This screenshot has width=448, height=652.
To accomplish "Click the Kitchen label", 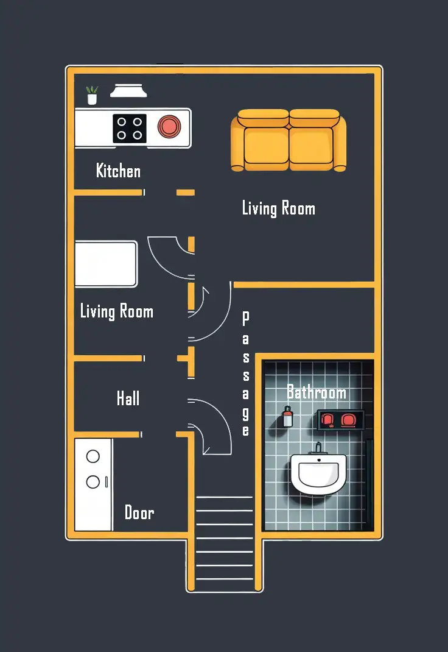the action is (x=118, y=171).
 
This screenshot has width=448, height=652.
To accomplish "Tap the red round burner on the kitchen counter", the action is (x=169, y=126).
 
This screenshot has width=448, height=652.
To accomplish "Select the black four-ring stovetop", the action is (x=130, y=129).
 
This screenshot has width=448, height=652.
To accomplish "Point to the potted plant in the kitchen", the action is (x=92, y=95).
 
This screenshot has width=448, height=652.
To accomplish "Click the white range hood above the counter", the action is (x=128, y=91).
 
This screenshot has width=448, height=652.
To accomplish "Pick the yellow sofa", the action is (x=289, y=140).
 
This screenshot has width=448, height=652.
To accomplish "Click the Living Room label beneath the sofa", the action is (x=279, y=208).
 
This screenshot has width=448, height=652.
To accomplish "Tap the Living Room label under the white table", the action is (x=117, y=311).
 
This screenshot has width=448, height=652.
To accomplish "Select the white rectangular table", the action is (x=107, y=264).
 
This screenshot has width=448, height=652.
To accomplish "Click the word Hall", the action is (x=128, y=398).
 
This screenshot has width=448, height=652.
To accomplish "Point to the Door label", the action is (x=139, y=512).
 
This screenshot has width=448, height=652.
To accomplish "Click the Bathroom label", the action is (x=317, y=392).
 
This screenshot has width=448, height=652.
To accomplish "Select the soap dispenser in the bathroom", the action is (x=288, y=417).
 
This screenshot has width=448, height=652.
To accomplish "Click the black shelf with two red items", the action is (x=341, y=420).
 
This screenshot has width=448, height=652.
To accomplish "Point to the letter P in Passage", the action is (x=246, y=319).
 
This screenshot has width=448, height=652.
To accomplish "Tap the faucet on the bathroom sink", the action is (x=319, y=448).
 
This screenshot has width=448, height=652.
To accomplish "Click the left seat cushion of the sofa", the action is (x=266, y=146).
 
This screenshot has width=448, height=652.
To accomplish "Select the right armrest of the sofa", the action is (x=340, y=143).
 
